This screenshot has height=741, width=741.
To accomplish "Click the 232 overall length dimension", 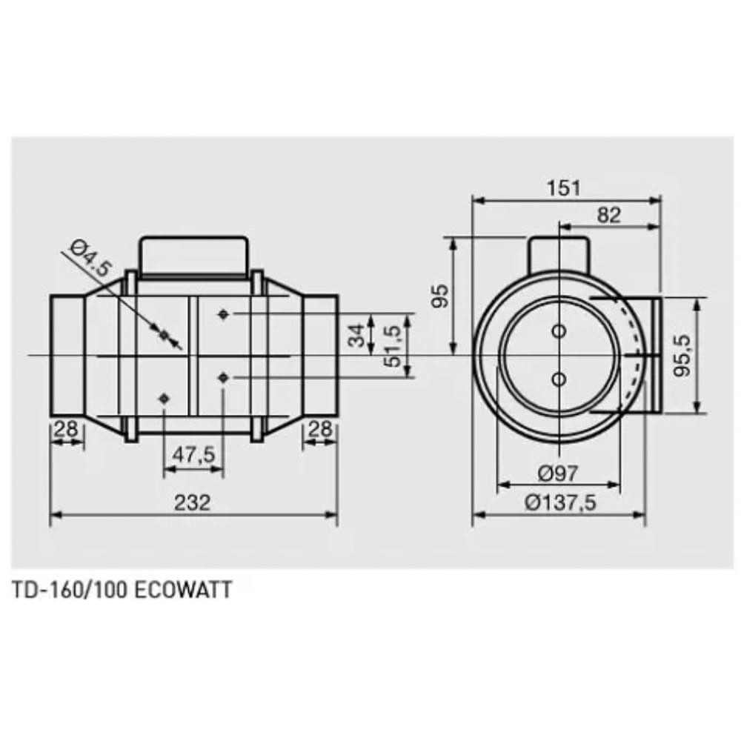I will (193, 502).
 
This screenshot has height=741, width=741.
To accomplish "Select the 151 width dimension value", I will (565, 187).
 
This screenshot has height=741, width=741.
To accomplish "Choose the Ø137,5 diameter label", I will (559, 502).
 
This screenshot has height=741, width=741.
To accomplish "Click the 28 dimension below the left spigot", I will (65, 428).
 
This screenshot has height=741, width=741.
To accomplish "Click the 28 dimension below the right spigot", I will (320, 428).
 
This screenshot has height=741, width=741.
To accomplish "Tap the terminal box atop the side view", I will (193, 256).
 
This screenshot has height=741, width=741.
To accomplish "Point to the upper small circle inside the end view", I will (559, 329).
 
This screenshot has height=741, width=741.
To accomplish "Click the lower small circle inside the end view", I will (559, 379).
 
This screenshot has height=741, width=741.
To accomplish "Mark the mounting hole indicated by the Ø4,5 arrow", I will (165, 336).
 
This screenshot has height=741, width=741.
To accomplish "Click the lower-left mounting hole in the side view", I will (164, 399).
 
